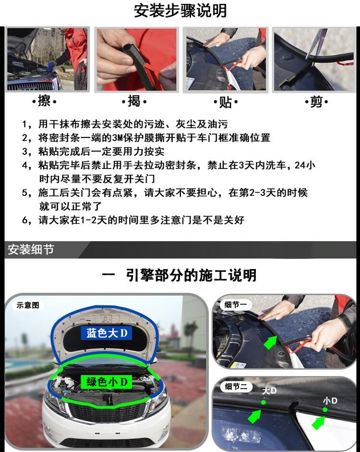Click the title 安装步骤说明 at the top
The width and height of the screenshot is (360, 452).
coord(180,11)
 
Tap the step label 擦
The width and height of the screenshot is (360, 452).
coord(44,101)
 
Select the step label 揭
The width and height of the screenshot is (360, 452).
coord(134,101)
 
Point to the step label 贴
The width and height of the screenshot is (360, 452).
coord(226,102)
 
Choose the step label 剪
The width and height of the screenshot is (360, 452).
coord(316,102)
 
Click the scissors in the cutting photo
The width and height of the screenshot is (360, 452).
coord(316,43)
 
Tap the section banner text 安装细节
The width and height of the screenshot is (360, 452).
coord(31,249)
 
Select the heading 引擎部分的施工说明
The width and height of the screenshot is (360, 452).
coord(191,275)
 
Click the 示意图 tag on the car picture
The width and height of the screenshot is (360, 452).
coord(28,305)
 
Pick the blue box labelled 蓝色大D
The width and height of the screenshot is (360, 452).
coord(107,333)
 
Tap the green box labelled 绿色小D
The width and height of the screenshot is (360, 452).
coord(107,382)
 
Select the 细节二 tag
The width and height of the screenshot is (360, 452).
coord(236,386)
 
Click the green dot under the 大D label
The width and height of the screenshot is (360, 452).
coord(263,402)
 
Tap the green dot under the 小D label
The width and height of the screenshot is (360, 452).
coord(325,410)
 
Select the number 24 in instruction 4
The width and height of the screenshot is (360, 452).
coord(300,165)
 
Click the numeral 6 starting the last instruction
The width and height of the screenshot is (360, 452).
coord(25,220)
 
